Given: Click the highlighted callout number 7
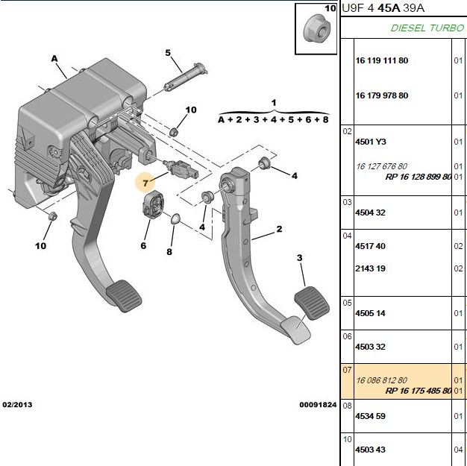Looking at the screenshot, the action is coord(145,183).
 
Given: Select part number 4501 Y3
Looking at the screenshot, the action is coord(371,142).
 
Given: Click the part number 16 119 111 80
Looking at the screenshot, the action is coord(381,60).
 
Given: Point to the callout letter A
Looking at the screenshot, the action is coord(54,59).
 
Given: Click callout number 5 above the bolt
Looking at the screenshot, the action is coord(168,53).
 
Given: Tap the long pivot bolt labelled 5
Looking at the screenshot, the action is coord(186,77).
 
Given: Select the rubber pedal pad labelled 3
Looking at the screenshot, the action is coord(312,303).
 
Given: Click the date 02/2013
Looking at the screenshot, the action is coord(17,405).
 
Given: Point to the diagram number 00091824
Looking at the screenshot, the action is coord(318,405).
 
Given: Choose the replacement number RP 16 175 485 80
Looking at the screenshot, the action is coord(419,391).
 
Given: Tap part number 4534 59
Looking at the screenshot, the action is coord(370,416).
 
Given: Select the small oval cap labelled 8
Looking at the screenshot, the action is coord(175,219).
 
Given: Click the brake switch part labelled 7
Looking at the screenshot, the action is coord(181,168).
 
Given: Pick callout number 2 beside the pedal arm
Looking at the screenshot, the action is coord(279,229).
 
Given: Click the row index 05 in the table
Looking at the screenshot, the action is coord(347,303).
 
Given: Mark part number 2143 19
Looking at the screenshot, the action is coord(370,268).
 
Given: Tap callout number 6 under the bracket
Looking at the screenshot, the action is coord(143,245).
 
